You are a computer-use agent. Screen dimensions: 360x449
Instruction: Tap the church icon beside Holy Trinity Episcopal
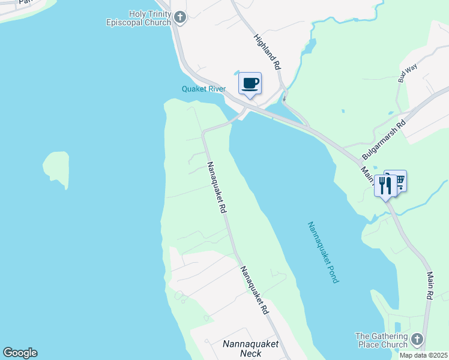pos(180,17)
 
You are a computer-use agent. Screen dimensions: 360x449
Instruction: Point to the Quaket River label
pos(203,89)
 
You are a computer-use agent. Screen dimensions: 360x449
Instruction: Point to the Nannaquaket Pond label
pos(323,252)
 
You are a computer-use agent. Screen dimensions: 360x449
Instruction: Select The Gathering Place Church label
pos(381,340)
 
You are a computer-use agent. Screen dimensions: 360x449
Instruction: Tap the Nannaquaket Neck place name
pos(249,349)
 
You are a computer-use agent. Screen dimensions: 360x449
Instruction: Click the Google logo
pos(20,353)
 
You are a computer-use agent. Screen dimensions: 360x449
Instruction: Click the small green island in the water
pos(55,168)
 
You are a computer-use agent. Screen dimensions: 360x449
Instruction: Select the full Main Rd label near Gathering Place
pos(430,286)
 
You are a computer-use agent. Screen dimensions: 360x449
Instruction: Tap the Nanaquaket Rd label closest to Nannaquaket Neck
pos(254,291)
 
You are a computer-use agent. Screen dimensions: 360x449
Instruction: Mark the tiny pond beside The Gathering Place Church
pos(398,327)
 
